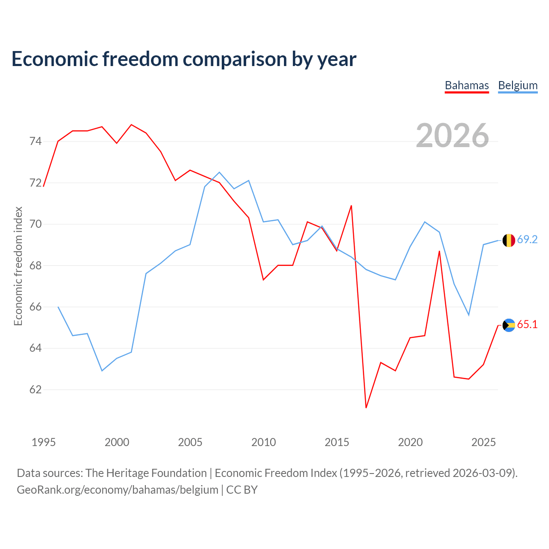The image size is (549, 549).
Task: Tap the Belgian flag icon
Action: (509, 240)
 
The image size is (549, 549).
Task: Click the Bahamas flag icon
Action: (509, 325)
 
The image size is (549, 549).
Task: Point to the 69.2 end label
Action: (527, 240)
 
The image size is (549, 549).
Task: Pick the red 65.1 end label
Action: (527, 324)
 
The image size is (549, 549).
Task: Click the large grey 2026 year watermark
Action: (452, 136)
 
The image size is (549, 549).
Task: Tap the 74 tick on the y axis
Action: (36, 141)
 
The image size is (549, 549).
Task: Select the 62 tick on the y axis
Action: (36, 389)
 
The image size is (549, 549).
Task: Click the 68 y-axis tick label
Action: (36, 265)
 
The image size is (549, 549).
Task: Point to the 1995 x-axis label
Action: (44, 442)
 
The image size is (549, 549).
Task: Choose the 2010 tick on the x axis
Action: (263, 442)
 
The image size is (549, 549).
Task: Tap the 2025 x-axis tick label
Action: (483, 442)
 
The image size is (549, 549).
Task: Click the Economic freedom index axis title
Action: (18, 266)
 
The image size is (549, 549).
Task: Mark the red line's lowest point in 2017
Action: (366, 407)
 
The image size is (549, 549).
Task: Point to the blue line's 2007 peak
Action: (219, 172)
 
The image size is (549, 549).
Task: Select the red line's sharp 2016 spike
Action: (351, 205)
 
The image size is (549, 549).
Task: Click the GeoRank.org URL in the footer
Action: (118, 490)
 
